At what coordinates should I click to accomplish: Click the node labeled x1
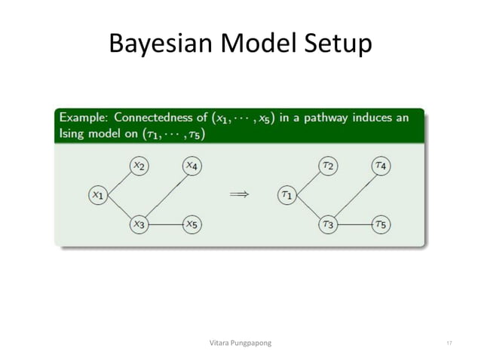(97, 194)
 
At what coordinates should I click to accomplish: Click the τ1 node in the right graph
(286, 194)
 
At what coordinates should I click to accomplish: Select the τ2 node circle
(327, 166)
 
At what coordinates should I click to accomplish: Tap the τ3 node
(327, 224)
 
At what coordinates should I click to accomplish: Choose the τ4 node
(381, 166)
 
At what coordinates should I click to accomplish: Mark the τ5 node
(381, 224)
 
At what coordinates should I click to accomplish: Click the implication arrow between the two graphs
(239, 194)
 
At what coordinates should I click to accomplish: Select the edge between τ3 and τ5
(354, 224)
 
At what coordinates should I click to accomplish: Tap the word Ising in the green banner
(73, 133)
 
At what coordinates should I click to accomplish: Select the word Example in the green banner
(82, 118)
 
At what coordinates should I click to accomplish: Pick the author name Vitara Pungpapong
(240, 343)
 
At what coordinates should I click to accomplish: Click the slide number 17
(449, 343)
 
